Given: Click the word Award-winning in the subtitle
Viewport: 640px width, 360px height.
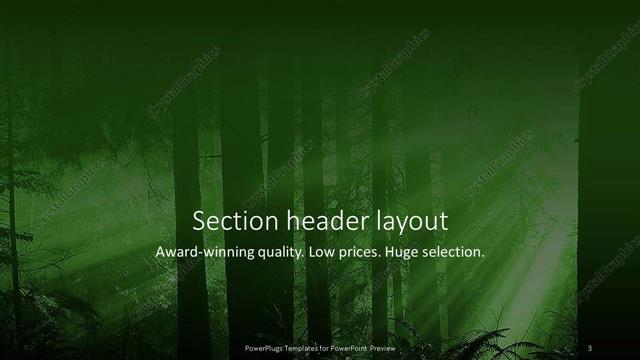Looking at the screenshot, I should click(x=204, y=253).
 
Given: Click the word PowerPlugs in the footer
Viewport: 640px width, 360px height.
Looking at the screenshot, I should click(x=266, y=348).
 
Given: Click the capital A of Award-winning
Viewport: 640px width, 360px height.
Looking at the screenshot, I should click(x=160, y=253).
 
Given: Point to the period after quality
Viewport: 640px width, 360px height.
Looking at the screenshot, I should click(x=305, y=257).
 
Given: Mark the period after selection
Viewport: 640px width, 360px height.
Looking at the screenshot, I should click(x=484, y=257).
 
